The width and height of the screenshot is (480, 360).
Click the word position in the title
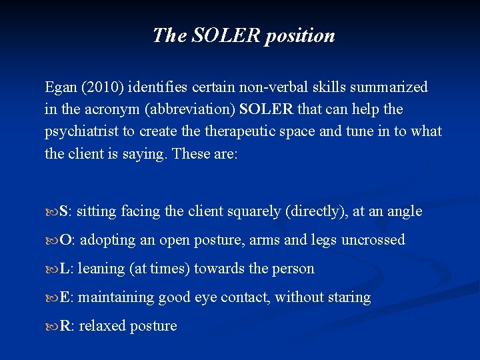pos(299,35)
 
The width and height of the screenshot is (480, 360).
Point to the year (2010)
pos(105,87)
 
